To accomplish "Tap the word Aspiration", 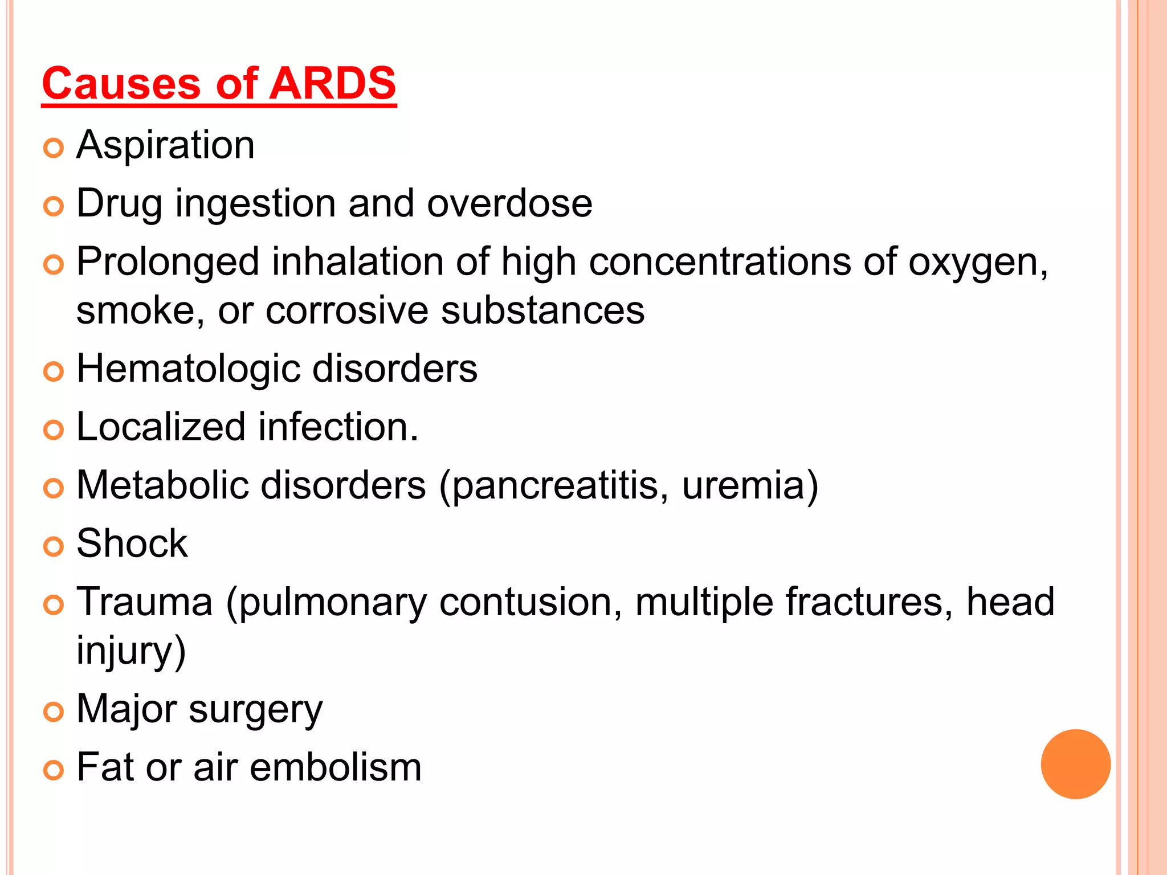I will tap(165, 145).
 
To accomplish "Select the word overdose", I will tap(509, 203).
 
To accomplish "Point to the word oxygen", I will tap(977, 263).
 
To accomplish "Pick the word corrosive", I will tap(347, 311).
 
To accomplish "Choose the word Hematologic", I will tap(188, 369).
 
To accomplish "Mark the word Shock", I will tap(132, 543).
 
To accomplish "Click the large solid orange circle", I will tap(1075, 764).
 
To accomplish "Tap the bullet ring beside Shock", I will tap(54, 547).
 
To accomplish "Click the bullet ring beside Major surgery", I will tap(54, 712).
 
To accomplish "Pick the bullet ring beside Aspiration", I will tap(54, 148).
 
